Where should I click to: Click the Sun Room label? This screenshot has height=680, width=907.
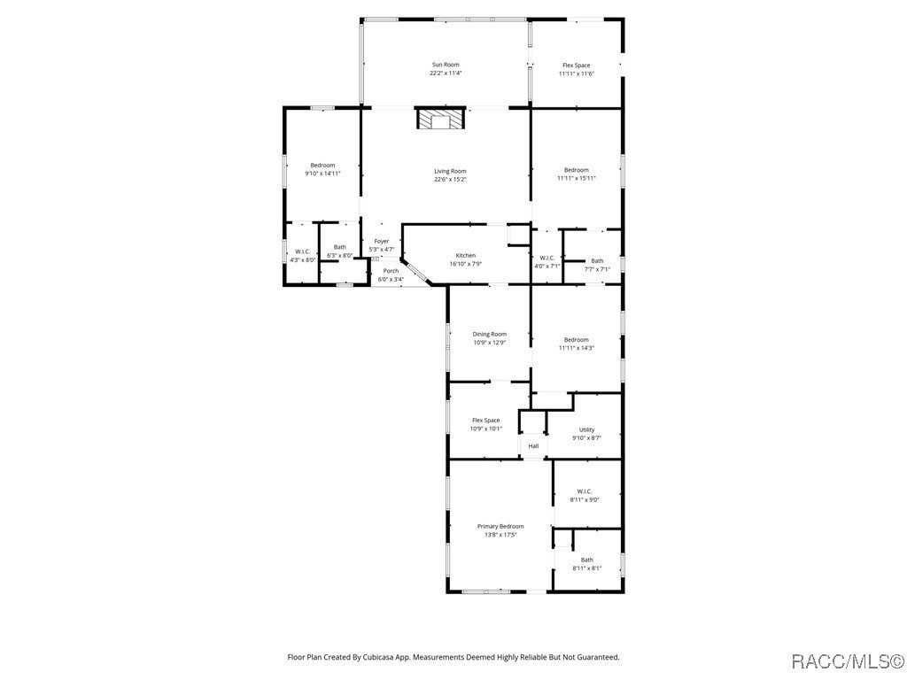(446, 65)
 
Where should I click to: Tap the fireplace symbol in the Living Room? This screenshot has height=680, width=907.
(440, 120)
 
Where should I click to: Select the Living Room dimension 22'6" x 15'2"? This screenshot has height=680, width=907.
(450, 180)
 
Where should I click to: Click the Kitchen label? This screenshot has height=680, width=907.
(466, 255)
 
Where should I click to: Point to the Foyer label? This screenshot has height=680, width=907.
(381, 241)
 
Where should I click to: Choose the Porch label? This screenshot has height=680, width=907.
(391, 271)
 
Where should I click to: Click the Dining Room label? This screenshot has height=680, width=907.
(489, 334)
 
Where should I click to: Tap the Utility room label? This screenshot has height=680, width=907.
(586, 429)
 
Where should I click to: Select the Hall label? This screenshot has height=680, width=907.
(533, 446)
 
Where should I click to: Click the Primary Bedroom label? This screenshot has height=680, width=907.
(500, 526)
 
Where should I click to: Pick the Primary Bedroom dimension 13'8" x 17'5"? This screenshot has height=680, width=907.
(500, 535)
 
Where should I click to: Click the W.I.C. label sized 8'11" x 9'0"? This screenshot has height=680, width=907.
(585, 491)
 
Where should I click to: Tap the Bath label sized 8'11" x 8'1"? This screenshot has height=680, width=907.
(587, 560)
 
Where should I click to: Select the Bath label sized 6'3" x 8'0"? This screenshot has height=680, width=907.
(340, 247)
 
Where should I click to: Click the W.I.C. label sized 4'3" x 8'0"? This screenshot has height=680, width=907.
(303, 251)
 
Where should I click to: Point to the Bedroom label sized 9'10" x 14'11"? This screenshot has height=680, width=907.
(322, 166)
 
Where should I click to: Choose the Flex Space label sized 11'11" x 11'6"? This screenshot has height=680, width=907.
(576, 66)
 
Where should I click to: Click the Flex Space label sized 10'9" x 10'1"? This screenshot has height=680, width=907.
(485, 421)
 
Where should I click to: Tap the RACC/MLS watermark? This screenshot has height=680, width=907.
(847, 661)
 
